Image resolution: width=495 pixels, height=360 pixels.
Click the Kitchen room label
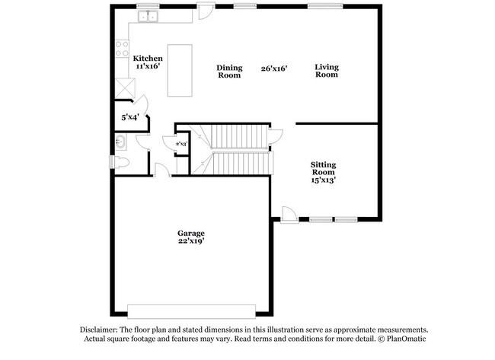148,59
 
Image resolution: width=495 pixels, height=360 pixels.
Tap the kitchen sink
148,17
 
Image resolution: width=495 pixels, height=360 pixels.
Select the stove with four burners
122,49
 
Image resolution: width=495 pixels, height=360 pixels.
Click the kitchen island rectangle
180,70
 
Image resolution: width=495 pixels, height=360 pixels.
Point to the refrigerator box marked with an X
125,88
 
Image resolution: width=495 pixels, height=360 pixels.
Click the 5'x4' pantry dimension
130,117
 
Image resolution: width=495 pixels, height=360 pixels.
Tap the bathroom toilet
120,162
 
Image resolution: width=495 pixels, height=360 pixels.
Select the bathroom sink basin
120,142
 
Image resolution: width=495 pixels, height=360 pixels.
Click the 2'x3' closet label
182,144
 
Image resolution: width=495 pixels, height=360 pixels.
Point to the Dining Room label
229,72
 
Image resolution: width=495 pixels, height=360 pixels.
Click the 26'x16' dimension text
274,68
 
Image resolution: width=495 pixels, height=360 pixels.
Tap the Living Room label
327,71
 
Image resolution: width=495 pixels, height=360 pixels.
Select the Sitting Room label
323,168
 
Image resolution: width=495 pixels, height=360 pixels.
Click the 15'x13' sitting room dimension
323,180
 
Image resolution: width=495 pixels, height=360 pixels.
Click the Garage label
191,233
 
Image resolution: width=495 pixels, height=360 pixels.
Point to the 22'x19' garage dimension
191,241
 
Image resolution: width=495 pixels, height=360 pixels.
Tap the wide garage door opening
191,311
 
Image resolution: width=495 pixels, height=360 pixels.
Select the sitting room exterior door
289,215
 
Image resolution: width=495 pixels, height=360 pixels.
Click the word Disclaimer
99,330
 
